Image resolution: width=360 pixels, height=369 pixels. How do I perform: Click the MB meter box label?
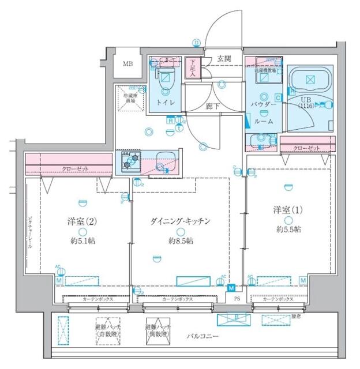127,63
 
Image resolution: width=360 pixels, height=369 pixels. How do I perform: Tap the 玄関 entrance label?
224,59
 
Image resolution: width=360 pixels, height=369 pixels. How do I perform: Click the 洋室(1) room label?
287,209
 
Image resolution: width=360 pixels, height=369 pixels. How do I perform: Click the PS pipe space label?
237,299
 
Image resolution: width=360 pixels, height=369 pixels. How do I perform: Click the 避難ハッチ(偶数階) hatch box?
157,329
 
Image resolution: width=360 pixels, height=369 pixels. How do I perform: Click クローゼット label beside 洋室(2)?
74,169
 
